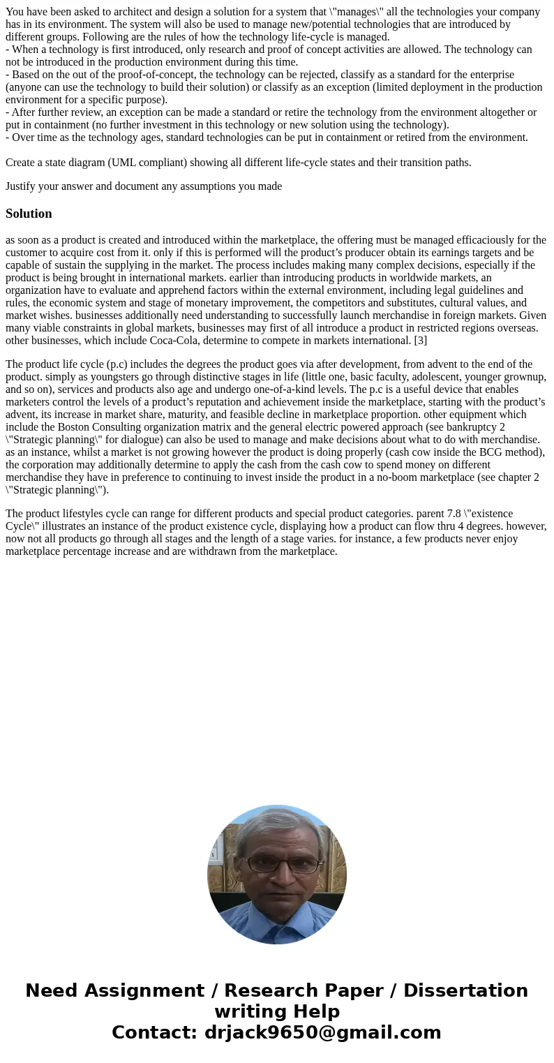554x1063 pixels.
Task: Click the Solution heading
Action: coord(29,214)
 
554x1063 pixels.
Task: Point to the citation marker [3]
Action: coord(420,341)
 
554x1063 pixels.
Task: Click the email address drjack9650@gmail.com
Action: coord(322,1032)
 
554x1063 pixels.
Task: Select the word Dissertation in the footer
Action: coord(465,990)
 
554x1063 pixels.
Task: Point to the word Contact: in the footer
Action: coord(155,1032)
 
